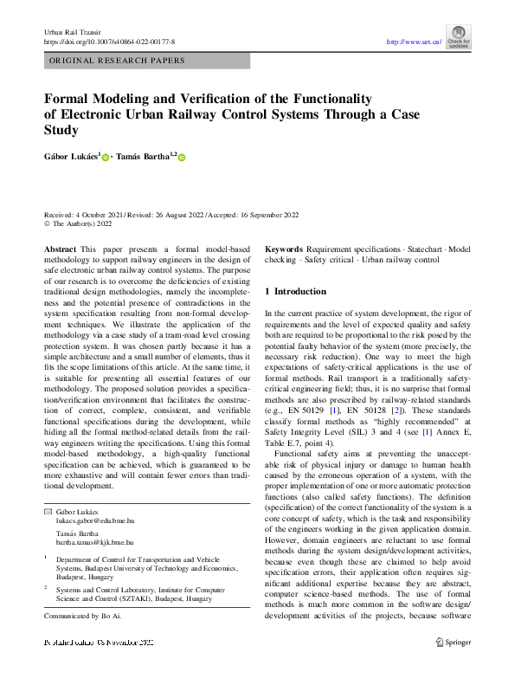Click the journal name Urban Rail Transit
[x=70, y=32]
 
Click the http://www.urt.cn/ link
[x=414, y=42]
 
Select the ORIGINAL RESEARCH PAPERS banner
[x=118, y=61]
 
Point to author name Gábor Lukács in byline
[x=73, y=157]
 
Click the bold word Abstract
[x=60, y=249]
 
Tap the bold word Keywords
[x=284, y=249]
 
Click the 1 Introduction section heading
[x=295, y=292]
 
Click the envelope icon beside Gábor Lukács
[x=48, y=513]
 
